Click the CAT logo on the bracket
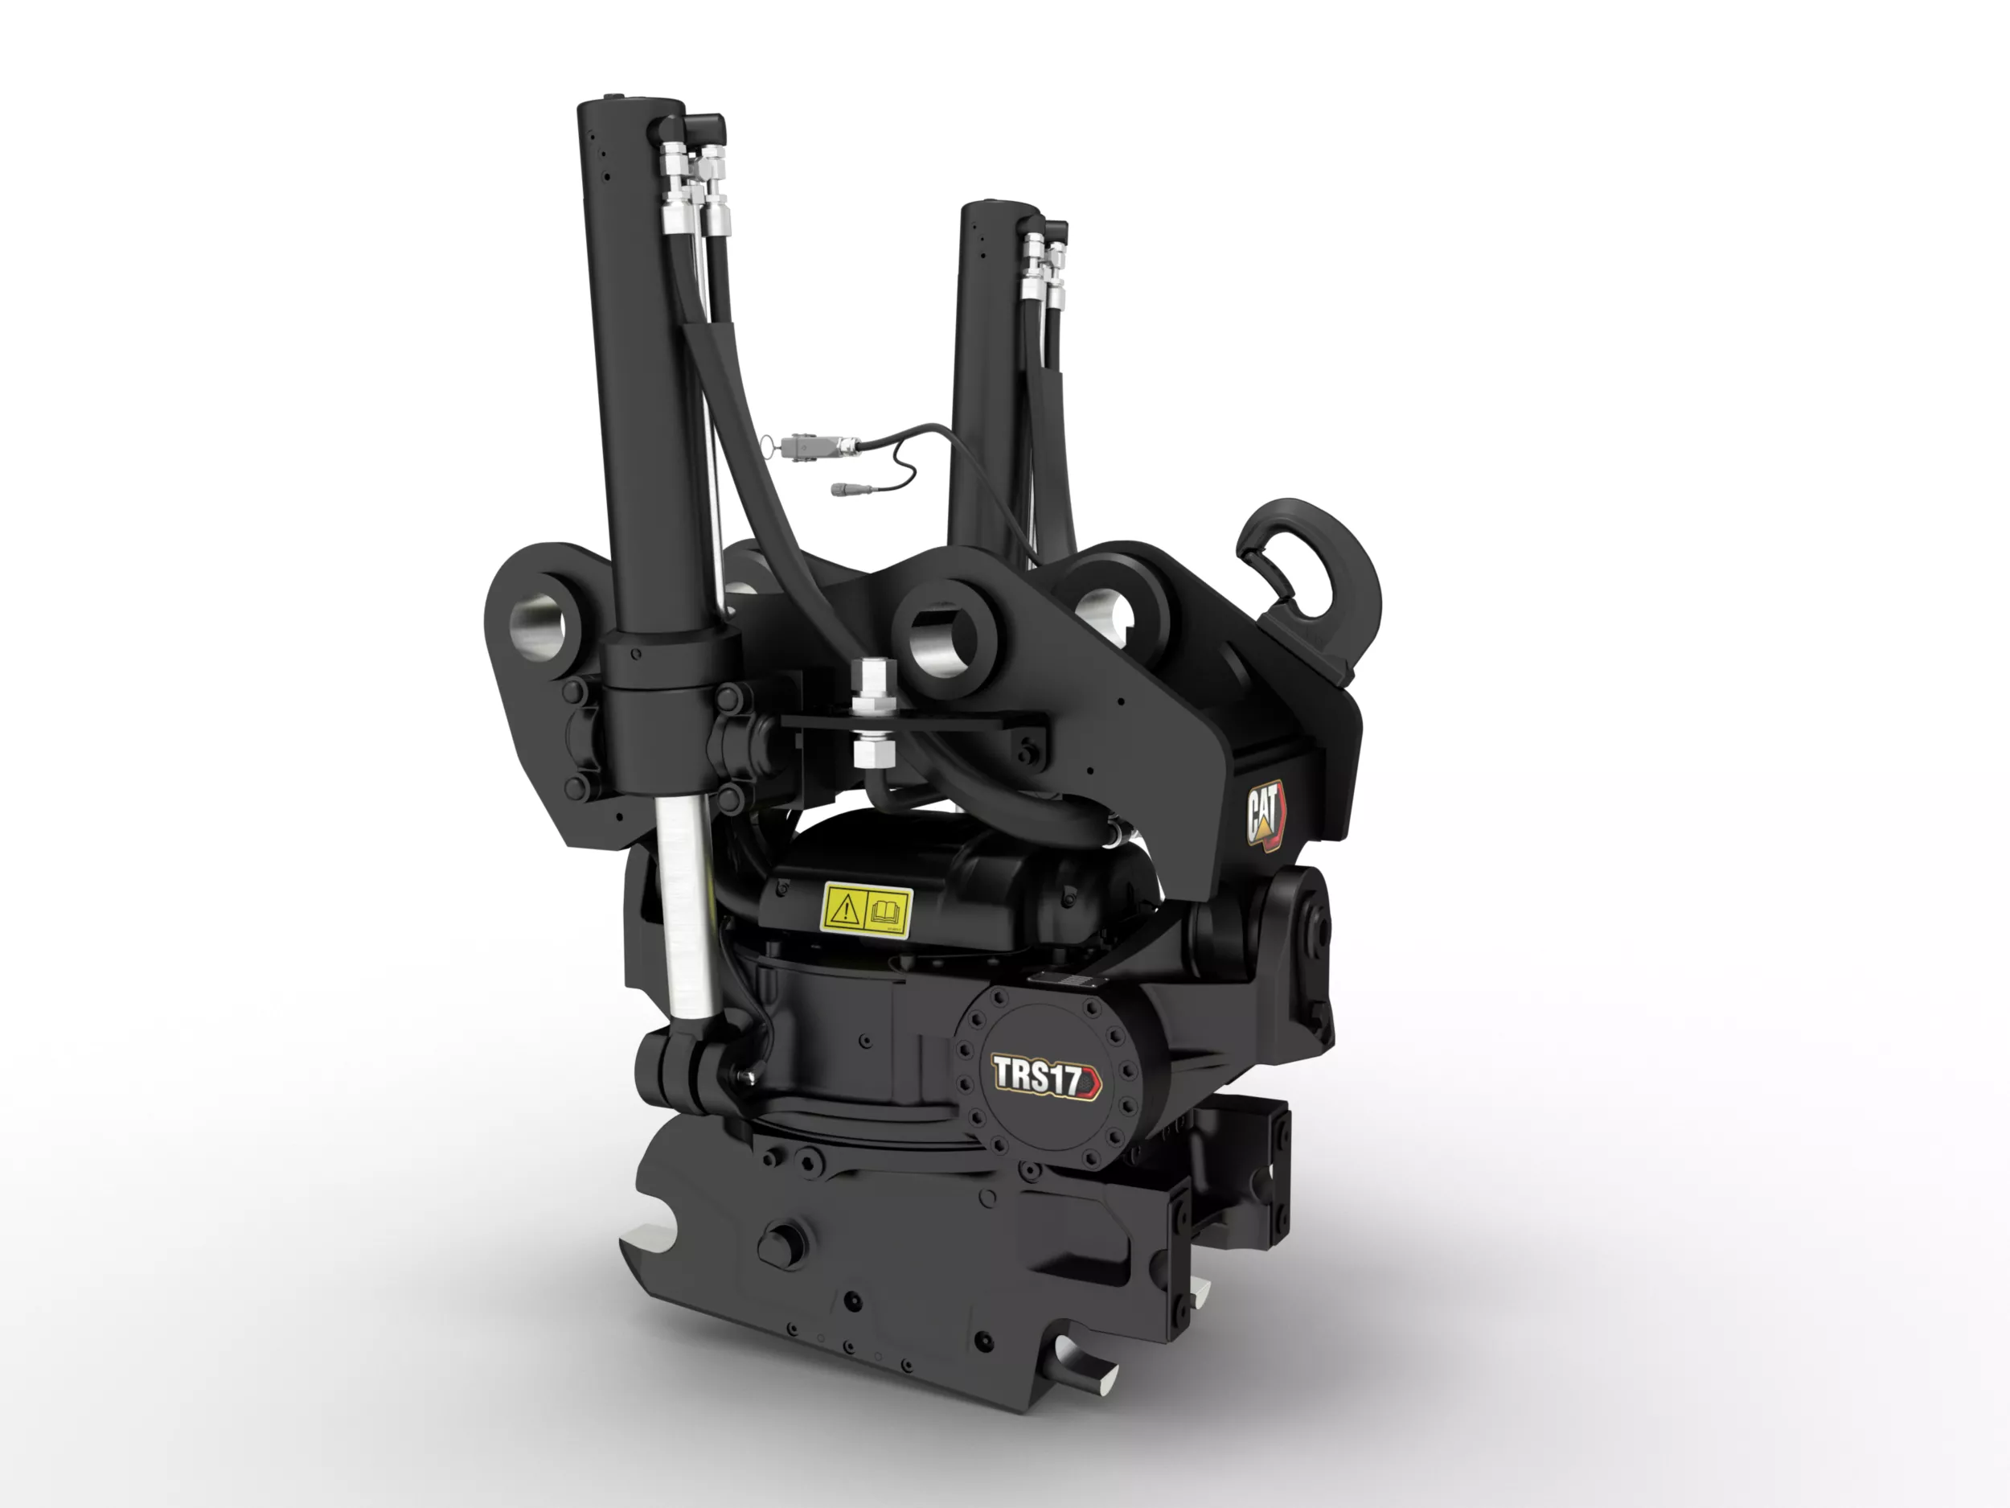point(1265,816)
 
